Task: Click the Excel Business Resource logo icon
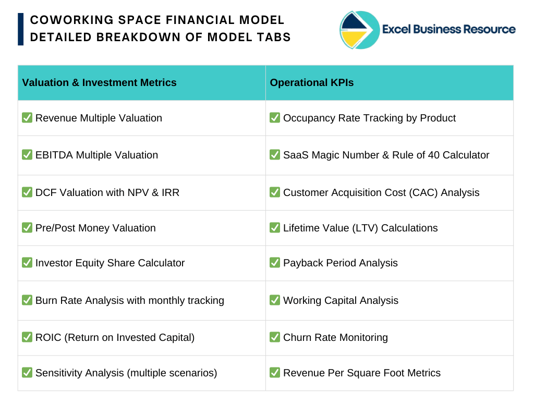tap(359, 30)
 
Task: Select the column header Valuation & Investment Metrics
tap(99, 83)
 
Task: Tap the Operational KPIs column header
tap(312, 83)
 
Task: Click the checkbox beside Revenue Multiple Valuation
tap(27, 117)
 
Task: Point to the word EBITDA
tap(54, 155)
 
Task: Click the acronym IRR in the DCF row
tap(171, 193)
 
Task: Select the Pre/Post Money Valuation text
tap(95, 228)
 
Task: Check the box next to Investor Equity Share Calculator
tap(27, 263)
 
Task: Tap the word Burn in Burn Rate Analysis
tap(46, 301)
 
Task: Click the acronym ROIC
tap(48, 337)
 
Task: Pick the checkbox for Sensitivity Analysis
tap(27, 372)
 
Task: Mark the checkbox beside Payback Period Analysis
tap(275, 263)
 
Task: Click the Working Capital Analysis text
tap(341, 301)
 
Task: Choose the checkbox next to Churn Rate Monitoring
tap(275, 337)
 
